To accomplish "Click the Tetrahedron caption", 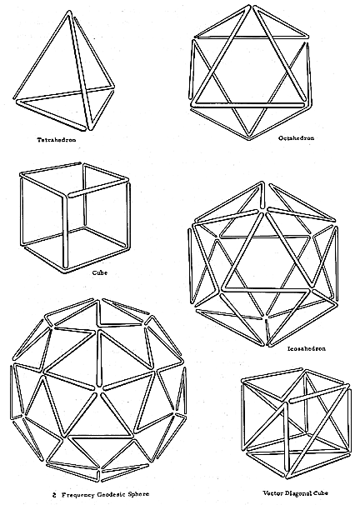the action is point(57,140).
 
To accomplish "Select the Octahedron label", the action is point(296,138).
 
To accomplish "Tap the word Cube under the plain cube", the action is point(100,272).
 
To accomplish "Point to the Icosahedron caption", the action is point(307,348).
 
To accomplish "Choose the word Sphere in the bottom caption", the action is point(138,494).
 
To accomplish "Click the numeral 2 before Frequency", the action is point(54,494).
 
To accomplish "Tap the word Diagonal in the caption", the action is point(299,492).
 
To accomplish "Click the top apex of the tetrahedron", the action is point(69,12).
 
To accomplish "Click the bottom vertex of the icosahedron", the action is point(267,343).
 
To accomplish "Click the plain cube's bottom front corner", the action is point(64,269).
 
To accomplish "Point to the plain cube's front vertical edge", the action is point(66,232).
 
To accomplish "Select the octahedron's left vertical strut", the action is point(192,68).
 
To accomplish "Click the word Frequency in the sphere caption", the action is point(77,494).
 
